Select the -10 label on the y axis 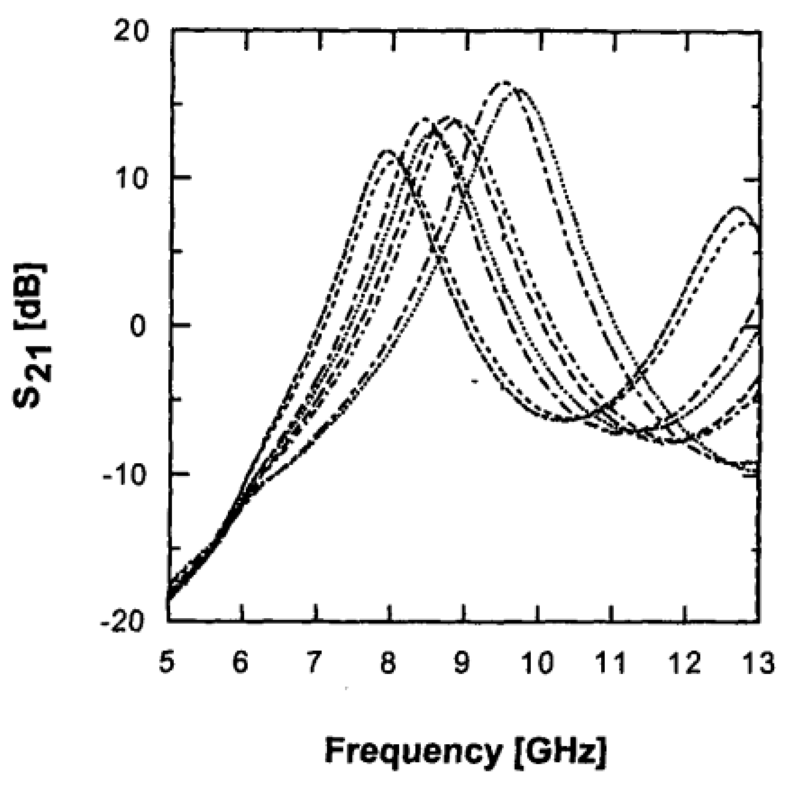point(125,475)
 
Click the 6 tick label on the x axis point(241,663)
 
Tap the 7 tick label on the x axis point(314,663)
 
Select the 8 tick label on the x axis point(388,663)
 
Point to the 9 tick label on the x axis point(461,663)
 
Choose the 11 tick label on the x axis point(612,663)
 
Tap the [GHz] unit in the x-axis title point(562,752)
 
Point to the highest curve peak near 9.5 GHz point(505,82)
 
